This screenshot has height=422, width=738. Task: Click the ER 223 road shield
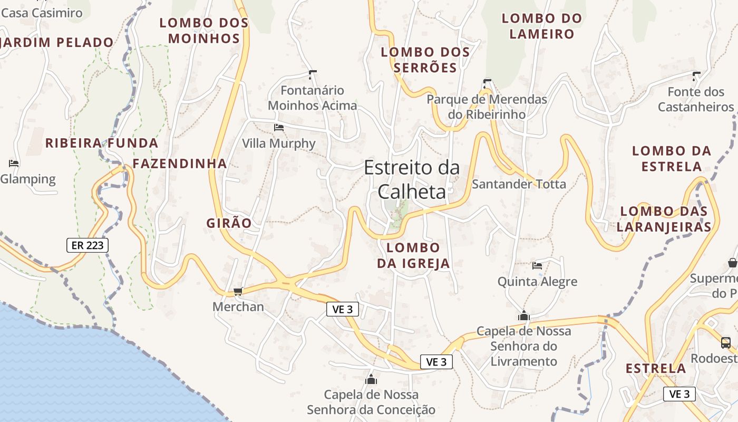tap(88, 245)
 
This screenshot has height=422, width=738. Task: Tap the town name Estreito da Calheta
tap(412, 179)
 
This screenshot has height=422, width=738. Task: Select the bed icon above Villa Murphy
tap(279, 128)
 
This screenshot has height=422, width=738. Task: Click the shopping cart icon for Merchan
tap(238, 291)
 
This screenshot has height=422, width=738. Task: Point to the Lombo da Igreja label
tap(413, 255)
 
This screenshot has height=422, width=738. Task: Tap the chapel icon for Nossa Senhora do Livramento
tap(524, 315)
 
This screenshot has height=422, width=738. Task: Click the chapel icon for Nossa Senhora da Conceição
tap(371, 379)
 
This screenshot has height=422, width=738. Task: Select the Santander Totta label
tap(519, 184)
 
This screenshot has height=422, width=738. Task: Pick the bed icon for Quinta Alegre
tap(537, 265)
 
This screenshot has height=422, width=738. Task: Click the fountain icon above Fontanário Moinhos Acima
tap(313, 74)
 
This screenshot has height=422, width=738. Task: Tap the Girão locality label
tap(229, 223)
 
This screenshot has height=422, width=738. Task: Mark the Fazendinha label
tap(179, 164)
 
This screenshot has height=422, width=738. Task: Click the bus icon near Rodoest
tap(726, 342)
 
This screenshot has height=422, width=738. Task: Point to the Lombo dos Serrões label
tap(425, 60)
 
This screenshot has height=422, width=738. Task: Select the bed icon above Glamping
tap(14, 164)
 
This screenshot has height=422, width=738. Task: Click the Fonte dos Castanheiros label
tap(696, 99)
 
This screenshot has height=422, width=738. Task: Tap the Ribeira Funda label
tap(101, 143)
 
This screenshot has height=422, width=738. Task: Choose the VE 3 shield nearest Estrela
tap(679, 394)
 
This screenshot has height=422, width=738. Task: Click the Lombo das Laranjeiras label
tap(664, 219)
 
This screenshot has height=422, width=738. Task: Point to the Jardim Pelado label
tap(57, 42)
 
